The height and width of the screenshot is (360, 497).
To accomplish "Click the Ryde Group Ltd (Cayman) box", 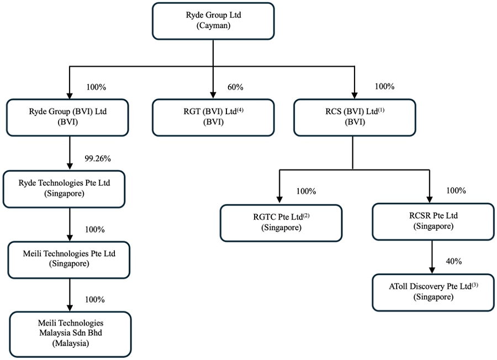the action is (x=213, y=21).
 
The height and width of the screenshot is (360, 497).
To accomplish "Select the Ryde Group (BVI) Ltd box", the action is (x=67, y=118).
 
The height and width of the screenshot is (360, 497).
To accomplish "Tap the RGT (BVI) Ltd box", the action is (x=213, y=118).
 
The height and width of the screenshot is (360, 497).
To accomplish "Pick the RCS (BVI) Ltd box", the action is (x=355, y=118).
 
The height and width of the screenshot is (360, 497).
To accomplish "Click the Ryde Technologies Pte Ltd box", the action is (x=64, y=189).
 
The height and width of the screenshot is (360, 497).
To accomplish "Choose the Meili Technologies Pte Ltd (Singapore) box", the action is (x=69, y=260).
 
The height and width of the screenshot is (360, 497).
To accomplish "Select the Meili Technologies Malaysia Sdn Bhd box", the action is (x=70, y=335).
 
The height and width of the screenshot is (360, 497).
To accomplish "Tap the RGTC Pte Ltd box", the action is (x=281, y=223).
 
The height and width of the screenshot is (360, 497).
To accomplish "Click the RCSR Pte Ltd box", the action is (x=433, y=221).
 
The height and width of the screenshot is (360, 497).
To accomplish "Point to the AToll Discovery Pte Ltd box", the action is (x=433, y=293).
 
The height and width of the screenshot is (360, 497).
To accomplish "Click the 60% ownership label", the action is (x=235, y=87).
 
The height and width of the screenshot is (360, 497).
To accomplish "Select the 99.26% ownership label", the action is (x=98, y=158).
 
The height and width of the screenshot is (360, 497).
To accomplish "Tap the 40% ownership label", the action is (x=454, y=262).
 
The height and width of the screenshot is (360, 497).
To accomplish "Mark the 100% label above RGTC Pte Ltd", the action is (x=306, y=192).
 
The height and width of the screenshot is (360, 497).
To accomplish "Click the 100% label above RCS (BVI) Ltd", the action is (x=384, y=87).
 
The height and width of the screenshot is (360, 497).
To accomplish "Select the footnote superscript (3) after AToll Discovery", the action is (x=475, y=285).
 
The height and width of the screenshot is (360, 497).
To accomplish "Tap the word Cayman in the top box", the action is (x=213, y=25).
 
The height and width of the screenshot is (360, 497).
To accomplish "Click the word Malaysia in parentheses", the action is (x=70, y=343).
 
